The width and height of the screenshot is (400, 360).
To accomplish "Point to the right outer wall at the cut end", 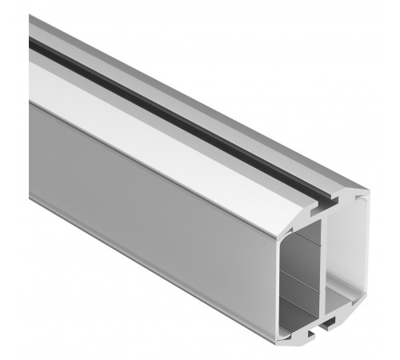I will pos(364,256).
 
